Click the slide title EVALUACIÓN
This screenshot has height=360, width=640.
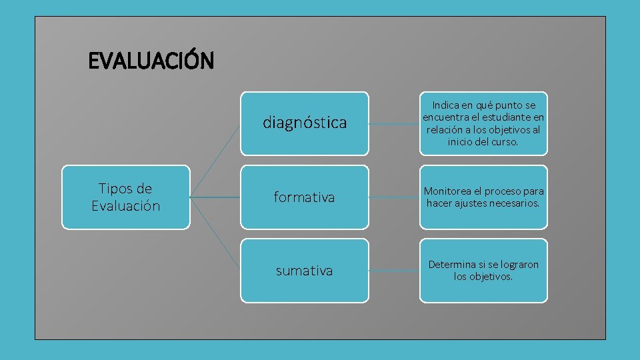click(x=151, y=61)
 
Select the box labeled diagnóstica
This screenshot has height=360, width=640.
click(x=304, y=123)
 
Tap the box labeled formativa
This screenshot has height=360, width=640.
click(x=304, y=197)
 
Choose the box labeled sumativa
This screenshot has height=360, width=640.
click(x=304, y=271)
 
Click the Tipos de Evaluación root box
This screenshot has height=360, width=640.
click(x=125, y=197)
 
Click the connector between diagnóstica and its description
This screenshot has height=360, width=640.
click(x=394, y=123)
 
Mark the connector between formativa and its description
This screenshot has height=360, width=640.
click(x=394, y=197)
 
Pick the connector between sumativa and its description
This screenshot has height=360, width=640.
click(x=394, y=271)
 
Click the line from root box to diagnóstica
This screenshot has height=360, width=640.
click(x=215, y=160)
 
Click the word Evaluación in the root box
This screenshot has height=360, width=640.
click(x=125, y=206)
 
